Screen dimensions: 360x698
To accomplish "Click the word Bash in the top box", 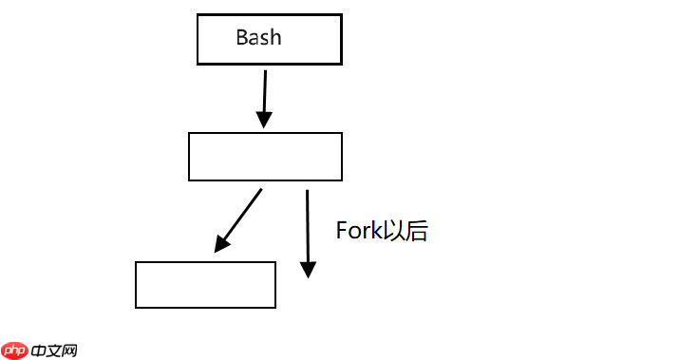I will click(x=258, y=38).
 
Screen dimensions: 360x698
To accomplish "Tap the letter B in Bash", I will click(x=242, y=38).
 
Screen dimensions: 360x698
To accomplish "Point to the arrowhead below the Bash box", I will click(x=264, y=119).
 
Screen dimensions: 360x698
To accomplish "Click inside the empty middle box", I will click(x=265, y=157).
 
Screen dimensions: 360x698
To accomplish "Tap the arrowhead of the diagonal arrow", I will click(x=221, y=244).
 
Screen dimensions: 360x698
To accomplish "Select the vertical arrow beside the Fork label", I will click(x=307, y=228).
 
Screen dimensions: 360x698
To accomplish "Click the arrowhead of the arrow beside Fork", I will click(x=307, y=269).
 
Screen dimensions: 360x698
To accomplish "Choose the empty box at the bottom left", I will click(x=205, y=285).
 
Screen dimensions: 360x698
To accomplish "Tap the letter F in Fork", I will click(x=342, y=231).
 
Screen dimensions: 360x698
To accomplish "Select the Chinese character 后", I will click(x=417, y=231).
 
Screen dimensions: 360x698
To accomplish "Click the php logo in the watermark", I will click(x=14, y=351).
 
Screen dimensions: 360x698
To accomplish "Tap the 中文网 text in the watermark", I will click(x=53, y=351).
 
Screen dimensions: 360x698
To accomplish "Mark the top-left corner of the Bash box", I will click(x=198, y=15).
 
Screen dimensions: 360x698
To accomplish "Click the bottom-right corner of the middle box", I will click(x=341, y=180).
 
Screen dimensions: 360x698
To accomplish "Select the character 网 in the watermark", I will click(x=68, y=351).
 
